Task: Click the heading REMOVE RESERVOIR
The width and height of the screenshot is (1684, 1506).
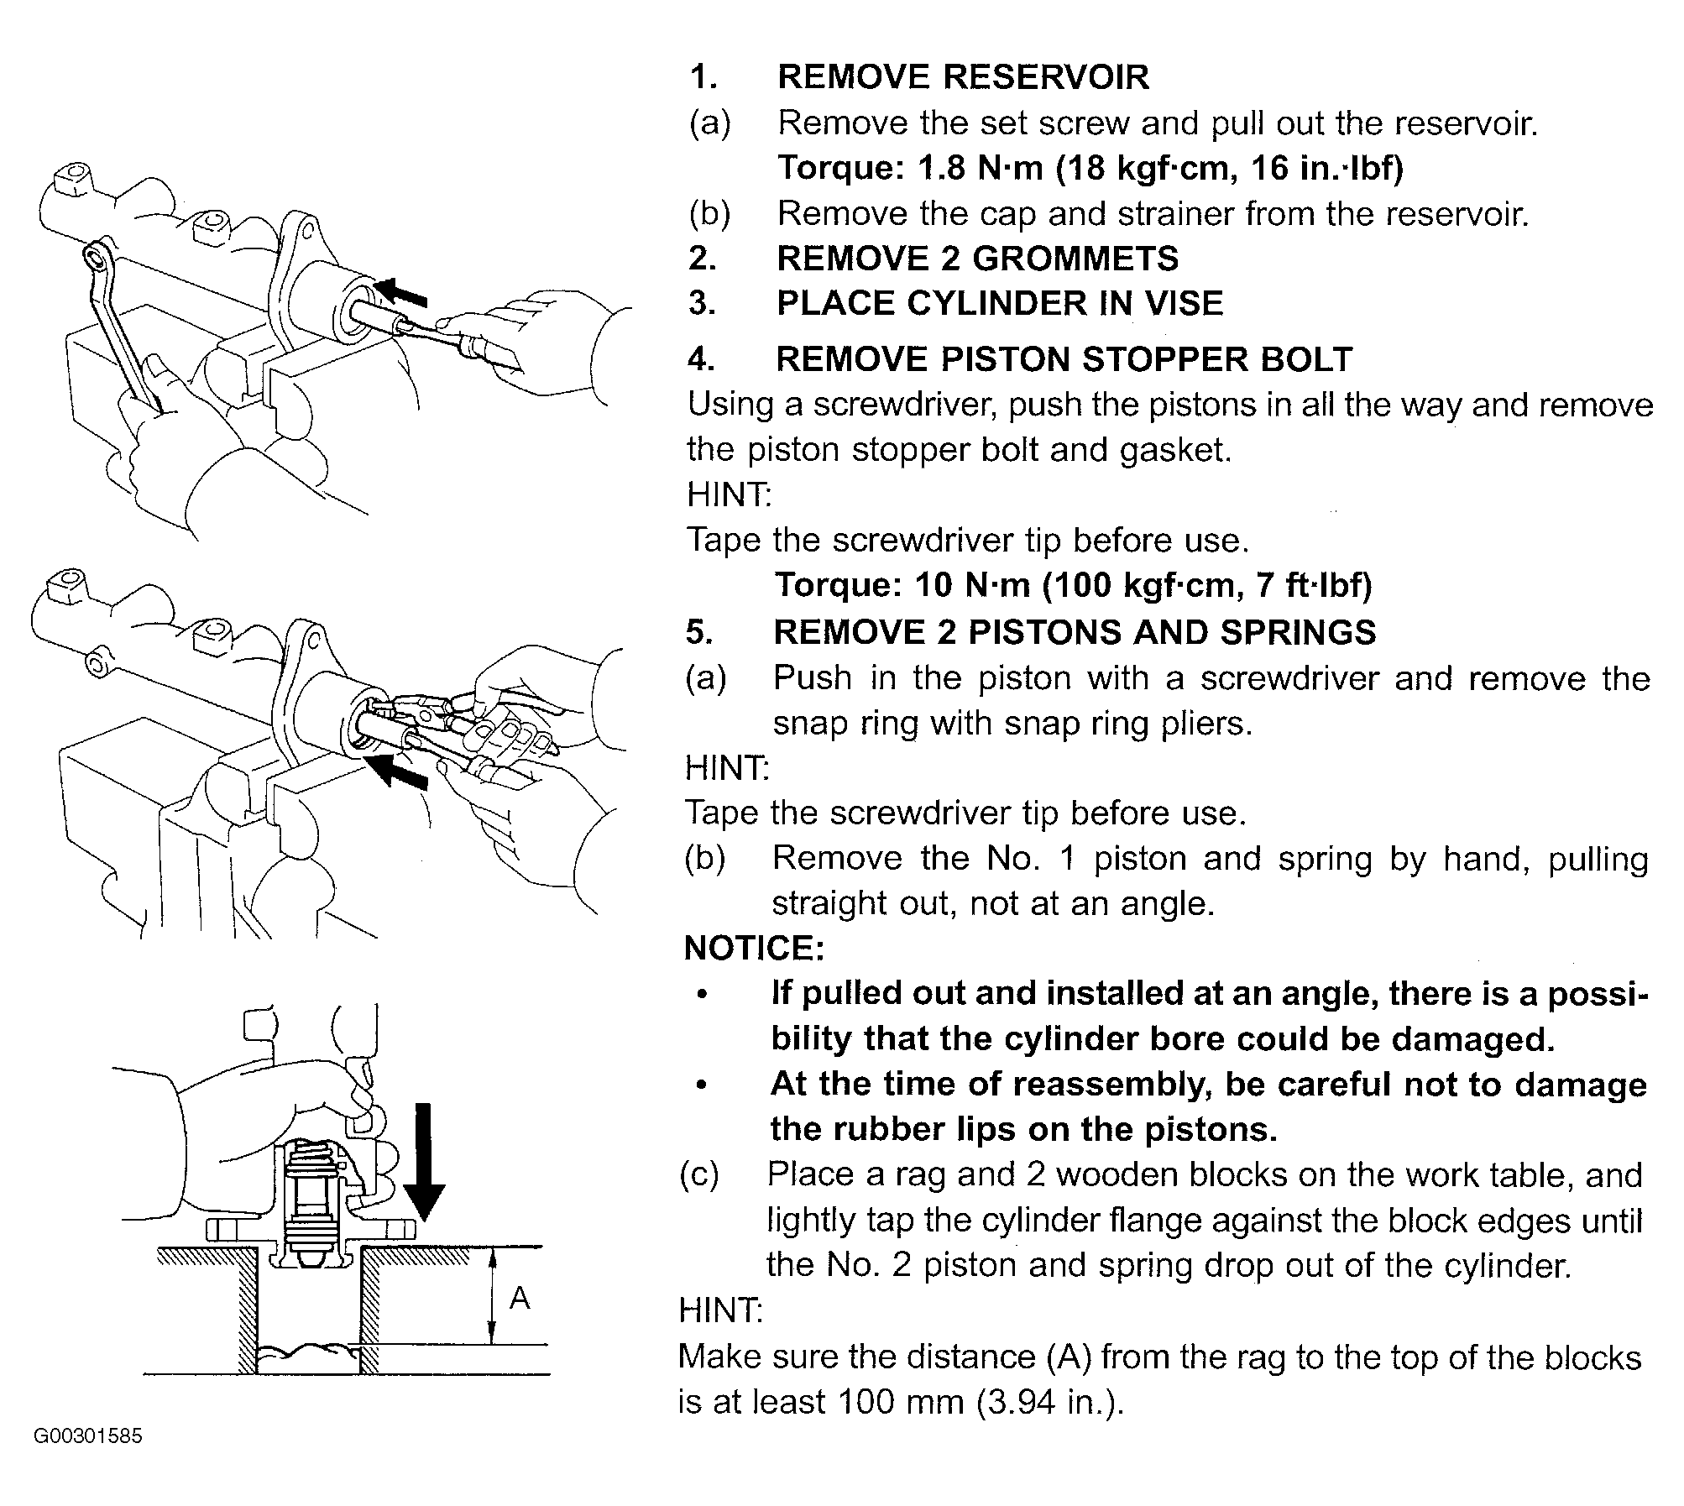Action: click(x=963, y=77)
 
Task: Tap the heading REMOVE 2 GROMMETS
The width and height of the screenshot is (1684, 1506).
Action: click(x=978, y=259)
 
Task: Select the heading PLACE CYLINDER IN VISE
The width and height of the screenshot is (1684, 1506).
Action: click(x=1000, y=303)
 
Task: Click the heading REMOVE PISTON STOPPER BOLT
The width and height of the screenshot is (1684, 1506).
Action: click(x=1064, y=359)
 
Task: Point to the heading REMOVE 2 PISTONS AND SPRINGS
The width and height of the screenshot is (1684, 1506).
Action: click(x=1075, y=632)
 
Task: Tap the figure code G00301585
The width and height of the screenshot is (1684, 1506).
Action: click(x=88, y=1435)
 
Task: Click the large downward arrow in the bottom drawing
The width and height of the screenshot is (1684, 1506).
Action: click(x=425, y=1161)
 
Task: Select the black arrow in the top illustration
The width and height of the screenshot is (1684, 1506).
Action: click(x=400, y=292)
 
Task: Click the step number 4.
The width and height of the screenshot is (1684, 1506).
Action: click(x=701, y=359)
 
